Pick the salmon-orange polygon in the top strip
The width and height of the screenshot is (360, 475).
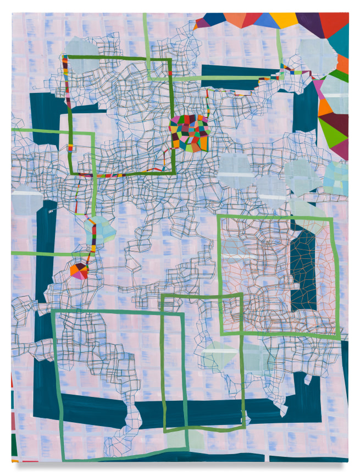point(234,20)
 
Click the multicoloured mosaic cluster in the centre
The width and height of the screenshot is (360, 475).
point(190,132)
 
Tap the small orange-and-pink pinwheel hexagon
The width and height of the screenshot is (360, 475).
point(79,271)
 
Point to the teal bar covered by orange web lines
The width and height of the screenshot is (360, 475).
point(302,269)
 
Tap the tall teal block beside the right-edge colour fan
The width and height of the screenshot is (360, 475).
point(306,110)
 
